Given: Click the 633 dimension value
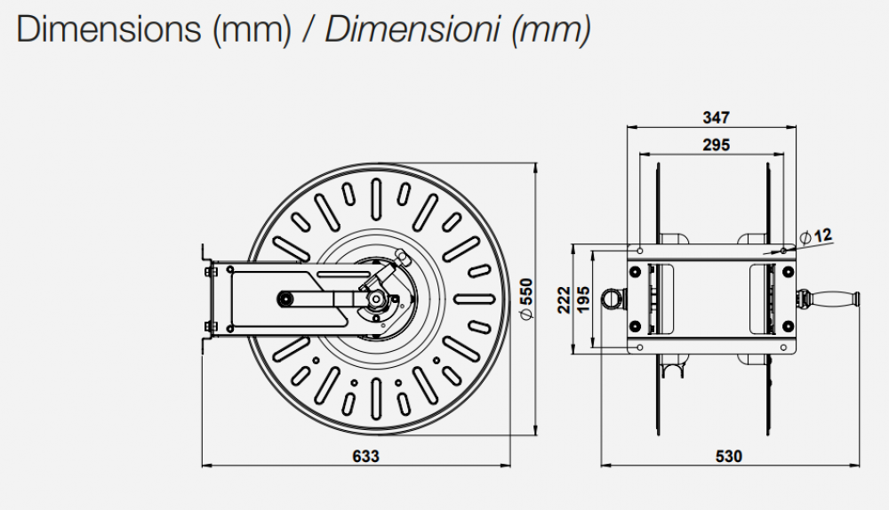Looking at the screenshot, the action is click(365, 456).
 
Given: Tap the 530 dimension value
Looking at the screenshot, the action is click(729, 456).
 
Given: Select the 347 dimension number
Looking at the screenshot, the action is click(716, 117).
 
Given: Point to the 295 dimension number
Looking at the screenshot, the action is click(716, 145).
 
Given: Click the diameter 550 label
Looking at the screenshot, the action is click(526, 299).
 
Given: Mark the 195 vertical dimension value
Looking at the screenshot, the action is click(583, 299).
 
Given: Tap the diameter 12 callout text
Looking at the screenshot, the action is click(816, 235).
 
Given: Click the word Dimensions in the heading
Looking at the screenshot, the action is click(108, 29).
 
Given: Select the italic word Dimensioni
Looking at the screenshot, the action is click(412, 29).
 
